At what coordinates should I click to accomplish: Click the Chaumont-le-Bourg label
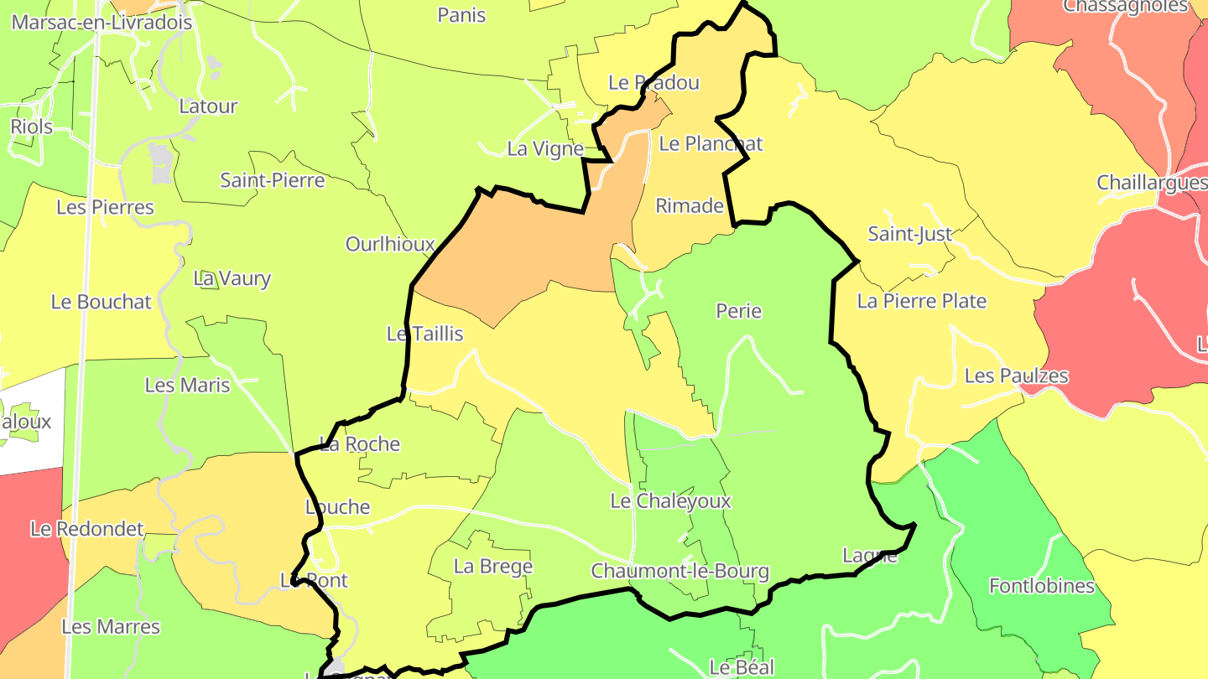point(679,572)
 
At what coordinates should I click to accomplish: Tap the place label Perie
point(738,311)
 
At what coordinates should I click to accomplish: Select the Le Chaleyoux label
point(670,501)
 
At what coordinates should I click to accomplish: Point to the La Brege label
point(493,567)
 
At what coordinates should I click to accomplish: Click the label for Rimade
point(689,205)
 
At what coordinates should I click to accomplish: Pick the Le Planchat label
point(711,143)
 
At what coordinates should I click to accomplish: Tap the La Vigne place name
point(545,149)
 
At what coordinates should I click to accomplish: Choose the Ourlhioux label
point(390,244)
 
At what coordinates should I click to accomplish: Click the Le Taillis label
point(424,334)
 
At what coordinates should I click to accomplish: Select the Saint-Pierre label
point(272,179)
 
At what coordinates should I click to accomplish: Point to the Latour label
point(208,106)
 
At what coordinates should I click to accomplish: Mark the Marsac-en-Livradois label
point(102,23)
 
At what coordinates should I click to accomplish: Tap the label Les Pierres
point(105,207)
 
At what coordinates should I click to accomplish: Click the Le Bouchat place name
point(102,302)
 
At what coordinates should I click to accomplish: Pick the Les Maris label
point(187,385)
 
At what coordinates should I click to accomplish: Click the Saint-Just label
point(910,235)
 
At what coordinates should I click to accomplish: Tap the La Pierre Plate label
point(921,301)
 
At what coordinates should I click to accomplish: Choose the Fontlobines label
point(1042,586)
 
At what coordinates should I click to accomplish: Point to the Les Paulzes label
point(1016,376)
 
